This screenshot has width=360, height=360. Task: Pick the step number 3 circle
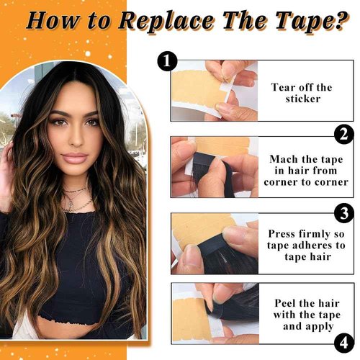click(344, 215)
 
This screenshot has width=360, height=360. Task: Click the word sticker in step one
click(302, 100)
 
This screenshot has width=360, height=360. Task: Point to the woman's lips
click(76, 158)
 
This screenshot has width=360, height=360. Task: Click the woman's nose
click(76, 140)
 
